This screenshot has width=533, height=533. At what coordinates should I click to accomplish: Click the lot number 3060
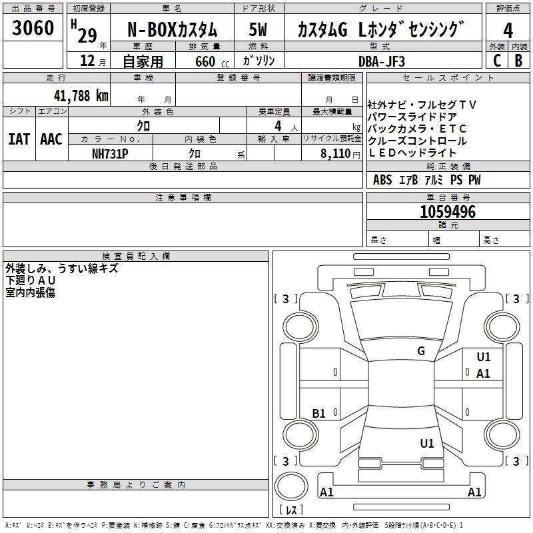(33, 28)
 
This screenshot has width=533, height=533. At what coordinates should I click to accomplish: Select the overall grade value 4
(508, 30)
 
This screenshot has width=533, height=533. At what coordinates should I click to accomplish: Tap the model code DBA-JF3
(380, 61)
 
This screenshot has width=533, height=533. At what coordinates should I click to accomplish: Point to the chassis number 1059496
(448, 212)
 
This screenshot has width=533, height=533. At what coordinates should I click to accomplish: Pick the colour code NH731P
(110, 153)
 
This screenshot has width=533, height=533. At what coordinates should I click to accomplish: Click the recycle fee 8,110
(334, 153)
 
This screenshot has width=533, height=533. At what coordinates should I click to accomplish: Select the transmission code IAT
(19, 139)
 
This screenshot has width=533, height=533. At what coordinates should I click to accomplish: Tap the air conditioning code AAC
(51, 139)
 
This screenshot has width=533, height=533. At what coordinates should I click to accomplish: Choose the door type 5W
(259, 30)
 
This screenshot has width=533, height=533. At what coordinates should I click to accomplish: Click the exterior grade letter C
(496, 61)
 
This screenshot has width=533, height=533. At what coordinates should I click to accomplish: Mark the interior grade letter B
(518, 61)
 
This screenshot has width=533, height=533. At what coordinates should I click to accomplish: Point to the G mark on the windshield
(421, 351)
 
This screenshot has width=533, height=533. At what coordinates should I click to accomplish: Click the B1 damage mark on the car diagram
(319, 414)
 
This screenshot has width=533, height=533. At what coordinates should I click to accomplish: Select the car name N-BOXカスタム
(172, 30)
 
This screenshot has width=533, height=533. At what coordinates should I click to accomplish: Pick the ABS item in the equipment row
(382, 180)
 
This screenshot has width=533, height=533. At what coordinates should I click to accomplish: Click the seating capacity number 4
(278, 125)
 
